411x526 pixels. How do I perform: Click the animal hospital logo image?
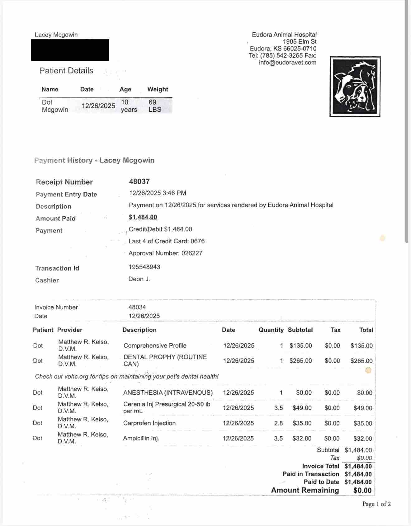coord(355,87)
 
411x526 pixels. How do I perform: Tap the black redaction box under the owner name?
coord(70,50)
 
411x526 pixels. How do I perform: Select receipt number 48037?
coord(139,181)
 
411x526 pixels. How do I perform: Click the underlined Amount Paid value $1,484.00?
coord(143,217)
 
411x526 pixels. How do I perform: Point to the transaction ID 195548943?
coord(144,267)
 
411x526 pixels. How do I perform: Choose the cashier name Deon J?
coord(139,279)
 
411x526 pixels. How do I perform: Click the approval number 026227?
coord(192,253)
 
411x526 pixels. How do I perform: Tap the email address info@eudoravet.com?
coord(287,63)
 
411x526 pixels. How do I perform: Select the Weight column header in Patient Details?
coord(158,89)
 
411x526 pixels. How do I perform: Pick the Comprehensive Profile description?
coord(155,346)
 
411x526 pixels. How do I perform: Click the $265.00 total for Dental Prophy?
coord(361,361)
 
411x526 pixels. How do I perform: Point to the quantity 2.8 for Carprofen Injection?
coord(278,423)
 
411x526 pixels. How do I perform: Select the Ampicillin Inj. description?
coord(141,439)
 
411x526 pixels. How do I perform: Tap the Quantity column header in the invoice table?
coord(271,330)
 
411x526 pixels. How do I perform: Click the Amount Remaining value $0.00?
coord(362,491)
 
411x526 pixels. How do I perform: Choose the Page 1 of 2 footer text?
coord(376,504)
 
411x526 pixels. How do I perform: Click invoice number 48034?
coord(137,307)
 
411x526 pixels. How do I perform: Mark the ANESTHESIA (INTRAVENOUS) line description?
coord(168,393)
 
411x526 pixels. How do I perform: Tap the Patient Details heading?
coord(66,71)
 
